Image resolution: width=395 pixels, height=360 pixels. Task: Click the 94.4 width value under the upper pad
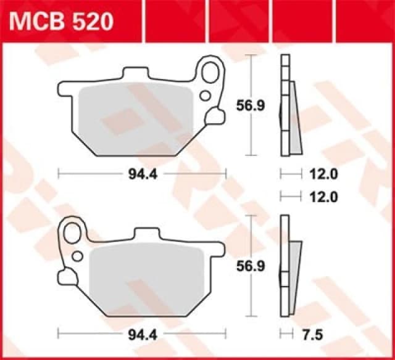(x=141, y=174)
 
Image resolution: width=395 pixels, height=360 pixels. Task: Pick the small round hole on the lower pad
(x=77, y=255)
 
